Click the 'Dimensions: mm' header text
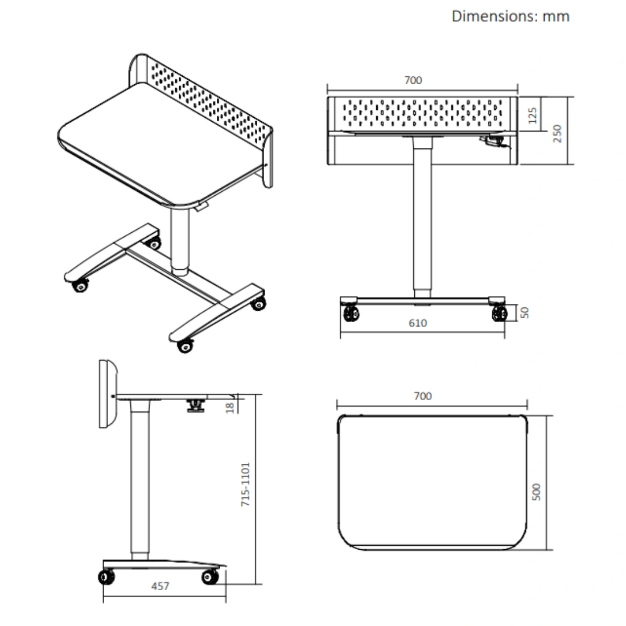(x=510, y=17)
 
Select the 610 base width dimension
(x=418, y=323)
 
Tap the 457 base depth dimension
(x=160, y=586)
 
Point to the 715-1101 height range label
(x=245, y=484)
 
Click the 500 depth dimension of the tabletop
(x=536, y=492)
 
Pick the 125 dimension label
(x=532, y=116)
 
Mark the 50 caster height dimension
(x=525, y=312)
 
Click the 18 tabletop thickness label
(x=229, y=407)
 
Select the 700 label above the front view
(x=413, y=80)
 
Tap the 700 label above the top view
(x=422, y=396)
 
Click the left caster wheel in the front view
(x=351, y=312)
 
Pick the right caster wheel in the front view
(x=500, y=312)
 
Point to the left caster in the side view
(x=106, y=577)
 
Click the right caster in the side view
(x=210, y=577)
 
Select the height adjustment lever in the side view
(x=196, y=405)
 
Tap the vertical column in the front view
(x=422, y=217)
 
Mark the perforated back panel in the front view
(x=422, y=113)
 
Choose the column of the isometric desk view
(x=180, y=241)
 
